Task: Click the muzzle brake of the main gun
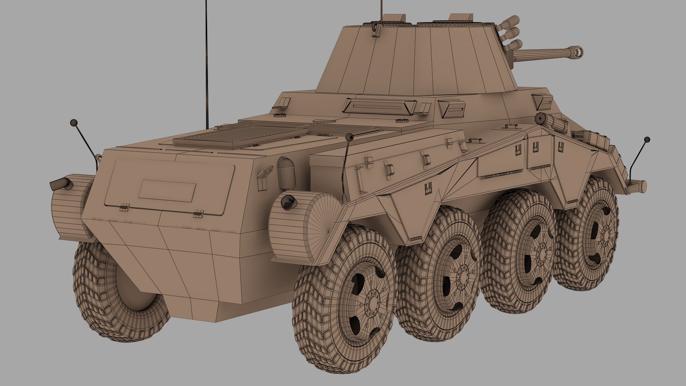click(576, 52)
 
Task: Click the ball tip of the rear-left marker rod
click(74, 123)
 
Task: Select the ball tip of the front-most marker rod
click(647, 139)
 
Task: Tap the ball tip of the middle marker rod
click(349, 137)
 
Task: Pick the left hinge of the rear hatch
click(124, 207)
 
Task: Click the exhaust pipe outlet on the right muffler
click(288, 202)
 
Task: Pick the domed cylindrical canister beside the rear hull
click(287, 173)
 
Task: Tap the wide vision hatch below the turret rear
click(380, 106)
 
